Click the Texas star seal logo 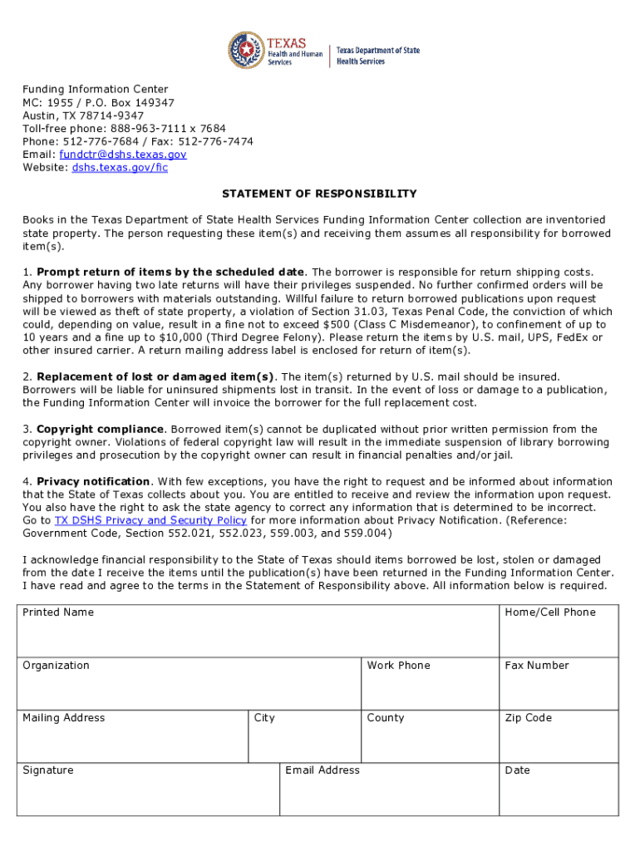tap(246, 52)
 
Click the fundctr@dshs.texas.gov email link tap(123, 155)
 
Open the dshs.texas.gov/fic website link tap(120, 168)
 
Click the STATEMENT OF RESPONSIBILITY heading tap(319, 194)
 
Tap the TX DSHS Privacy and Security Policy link tap(150, 521)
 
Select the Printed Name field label tap(58, 612)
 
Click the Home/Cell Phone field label tap(550, 612)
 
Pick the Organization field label tap(56, 666)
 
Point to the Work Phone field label tap(398, 666)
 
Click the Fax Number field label tap(537, 666)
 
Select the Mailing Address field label tap(64, 718)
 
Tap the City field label tap(264, 718)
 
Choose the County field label tap(386, 718)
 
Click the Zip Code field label tap(528, 718)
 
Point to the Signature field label tap(48, 770)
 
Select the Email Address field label tap(322, 770)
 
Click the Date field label tap(517, 770)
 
